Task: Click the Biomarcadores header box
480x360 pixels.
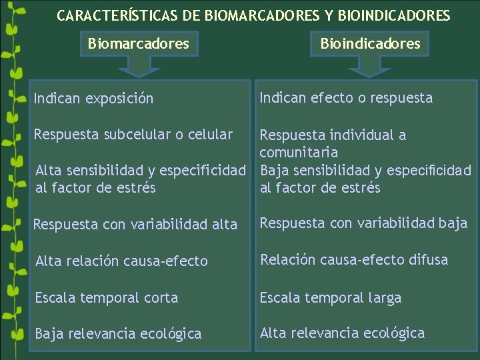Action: (139, 44)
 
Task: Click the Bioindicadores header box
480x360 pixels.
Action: (370, 44)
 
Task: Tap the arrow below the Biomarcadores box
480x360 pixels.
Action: (139, 67)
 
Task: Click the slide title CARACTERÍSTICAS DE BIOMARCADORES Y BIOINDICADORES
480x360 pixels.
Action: (253, 15)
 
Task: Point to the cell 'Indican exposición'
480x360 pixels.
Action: (94, 99)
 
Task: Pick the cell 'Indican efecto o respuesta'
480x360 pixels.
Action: (346, 98)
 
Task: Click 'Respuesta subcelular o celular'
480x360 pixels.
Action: (134, 135)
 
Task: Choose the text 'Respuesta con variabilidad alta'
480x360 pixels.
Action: (135, 225)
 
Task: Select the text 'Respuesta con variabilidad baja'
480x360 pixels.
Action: (363, 223)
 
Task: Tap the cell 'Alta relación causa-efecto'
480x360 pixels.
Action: (121, 261)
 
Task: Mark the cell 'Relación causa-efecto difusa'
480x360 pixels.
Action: (354, 260)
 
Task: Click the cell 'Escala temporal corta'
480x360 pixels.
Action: (107, 298)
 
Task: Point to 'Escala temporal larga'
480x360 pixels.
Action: (331, 298)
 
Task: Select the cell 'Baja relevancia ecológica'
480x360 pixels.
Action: (118, 334)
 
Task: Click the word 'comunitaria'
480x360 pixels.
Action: (299, 153)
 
